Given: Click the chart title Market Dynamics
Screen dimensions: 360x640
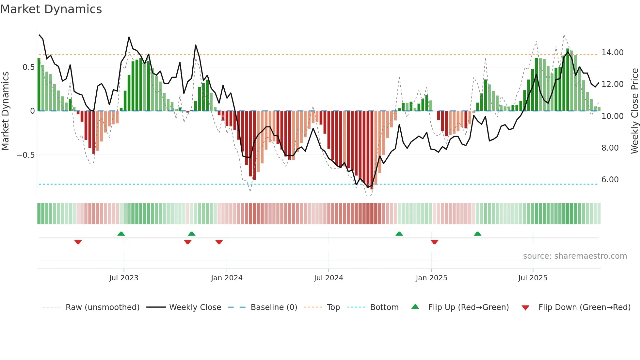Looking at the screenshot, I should (x=51, y=9).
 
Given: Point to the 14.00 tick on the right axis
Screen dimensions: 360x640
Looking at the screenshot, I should (x=612, y=53).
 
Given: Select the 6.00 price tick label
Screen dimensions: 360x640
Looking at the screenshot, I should (x=610, y=180).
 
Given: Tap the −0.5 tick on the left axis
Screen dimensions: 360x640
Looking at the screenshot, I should (x=26, y=155).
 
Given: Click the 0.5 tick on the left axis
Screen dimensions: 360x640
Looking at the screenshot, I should (x=28, y=67).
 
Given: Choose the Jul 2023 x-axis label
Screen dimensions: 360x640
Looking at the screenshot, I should (x=124, y=278).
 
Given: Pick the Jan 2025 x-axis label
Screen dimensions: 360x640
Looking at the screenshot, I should (x=431, y=278).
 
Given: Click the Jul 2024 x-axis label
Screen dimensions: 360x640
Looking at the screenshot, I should (x=328, y=278).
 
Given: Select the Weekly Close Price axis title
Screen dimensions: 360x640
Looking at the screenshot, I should (x=634, y=111).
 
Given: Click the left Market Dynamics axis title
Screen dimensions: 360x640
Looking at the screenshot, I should (x=5, y=111).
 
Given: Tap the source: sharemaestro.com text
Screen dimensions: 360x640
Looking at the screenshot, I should (x=575, y=256).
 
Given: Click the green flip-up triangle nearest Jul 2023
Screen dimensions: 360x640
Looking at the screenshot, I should (x=121, y=234).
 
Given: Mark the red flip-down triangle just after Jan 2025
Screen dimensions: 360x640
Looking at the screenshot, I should (x=434, y=242).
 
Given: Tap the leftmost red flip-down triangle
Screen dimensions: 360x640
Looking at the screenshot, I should (x=78, y=242).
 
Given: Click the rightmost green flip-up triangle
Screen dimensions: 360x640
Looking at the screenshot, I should (x=477, y=234).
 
